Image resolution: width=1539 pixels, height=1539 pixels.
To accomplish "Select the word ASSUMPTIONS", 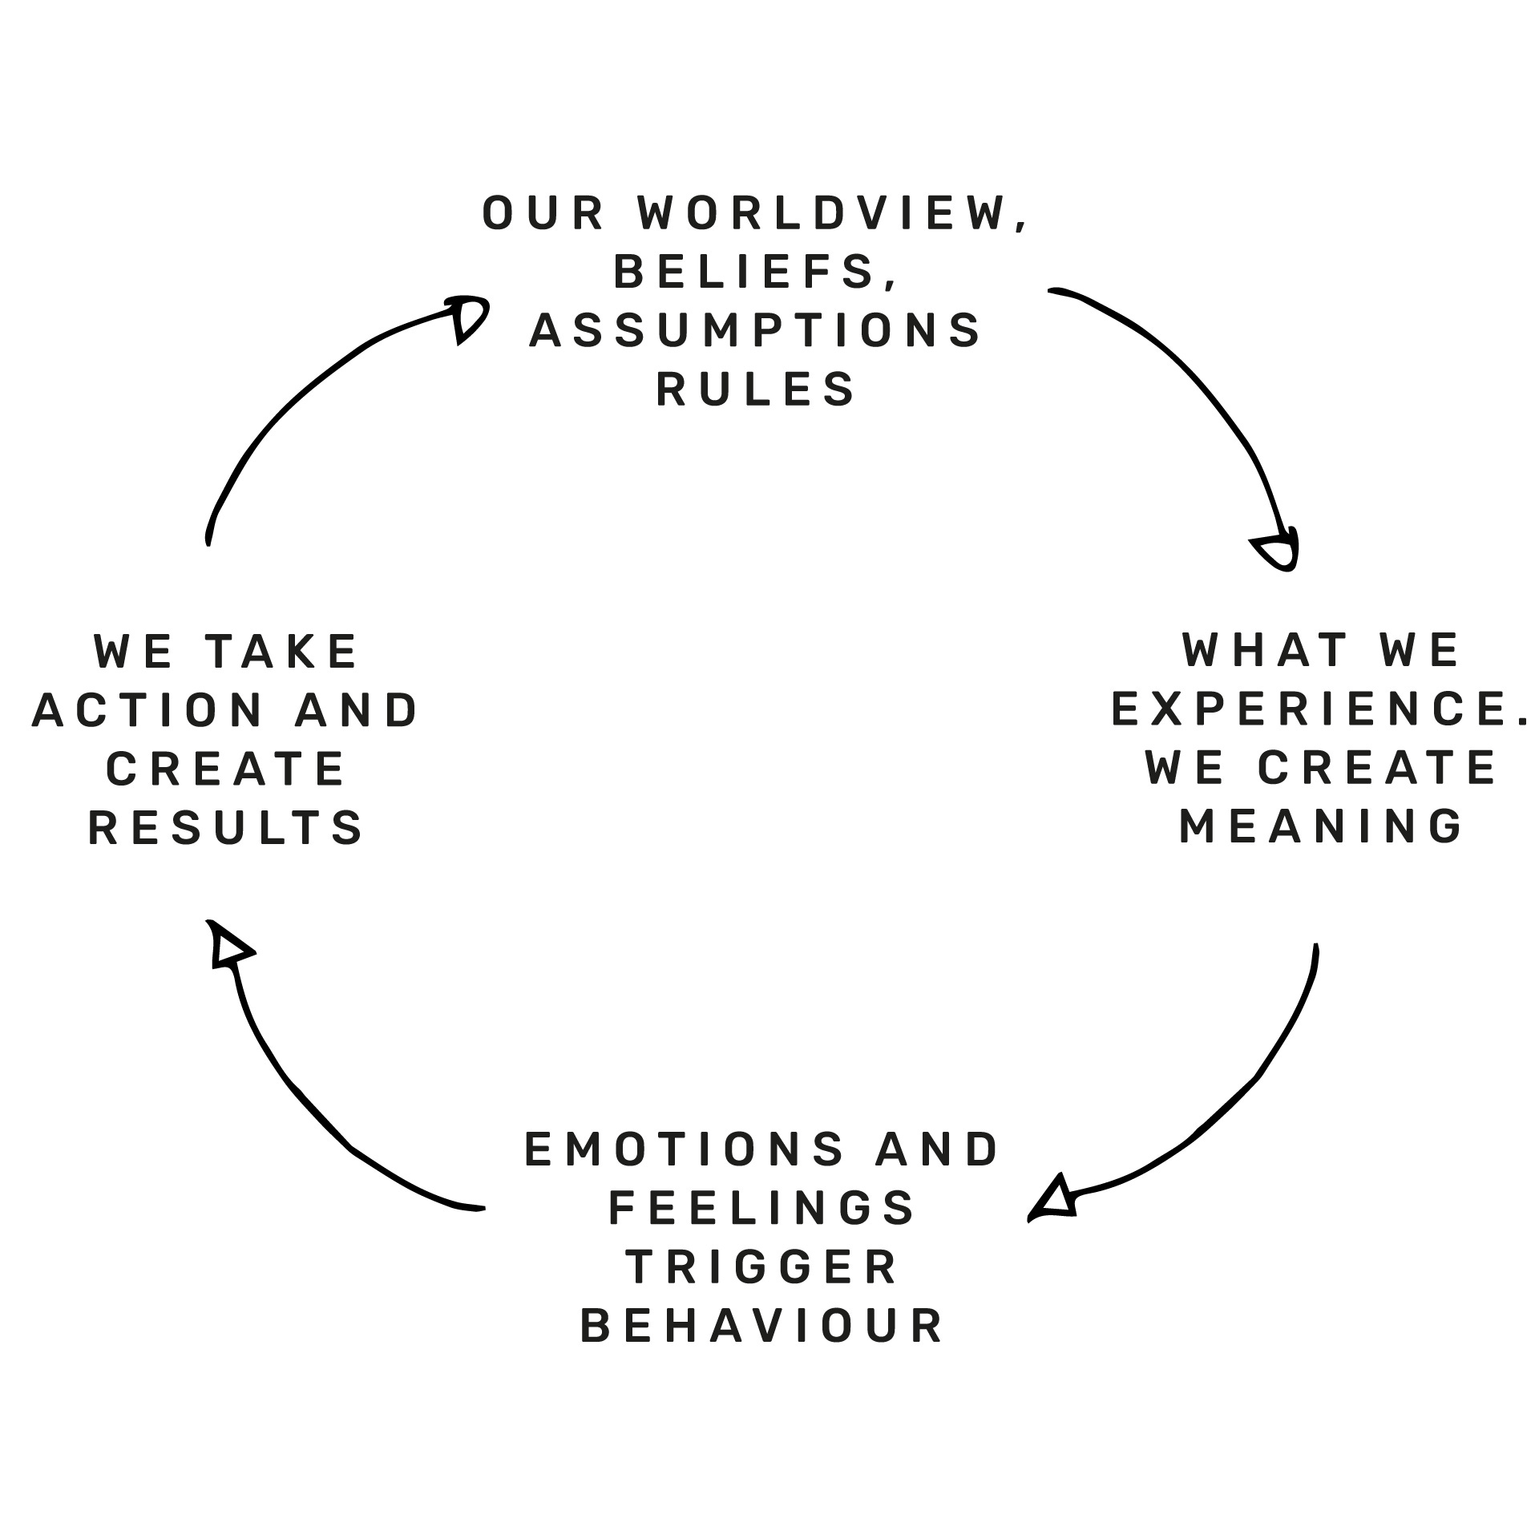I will point(755,331).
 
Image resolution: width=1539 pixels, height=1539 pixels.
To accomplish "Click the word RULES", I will point(756,390).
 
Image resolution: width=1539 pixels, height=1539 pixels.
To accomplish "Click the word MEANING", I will point(1321,827).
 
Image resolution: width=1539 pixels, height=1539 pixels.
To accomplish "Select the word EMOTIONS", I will point(685,1149).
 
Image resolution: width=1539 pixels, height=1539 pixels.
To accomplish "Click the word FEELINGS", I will point(761,1208).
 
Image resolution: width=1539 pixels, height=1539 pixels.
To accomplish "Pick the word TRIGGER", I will point(761,1267).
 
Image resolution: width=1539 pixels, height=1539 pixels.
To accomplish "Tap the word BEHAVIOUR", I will point(761,1327).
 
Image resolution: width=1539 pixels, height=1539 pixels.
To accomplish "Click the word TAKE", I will point(281,652).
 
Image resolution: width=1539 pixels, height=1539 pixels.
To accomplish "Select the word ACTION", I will point(148,711).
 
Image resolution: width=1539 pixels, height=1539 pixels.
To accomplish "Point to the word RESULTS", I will point(226,829).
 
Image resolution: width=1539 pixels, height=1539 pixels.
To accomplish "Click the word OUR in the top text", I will point(543,214).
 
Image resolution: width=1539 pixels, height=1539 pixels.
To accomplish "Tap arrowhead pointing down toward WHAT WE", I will point(1277,552).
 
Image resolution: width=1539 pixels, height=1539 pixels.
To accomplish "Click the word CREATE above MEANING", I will point(1376,769).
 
